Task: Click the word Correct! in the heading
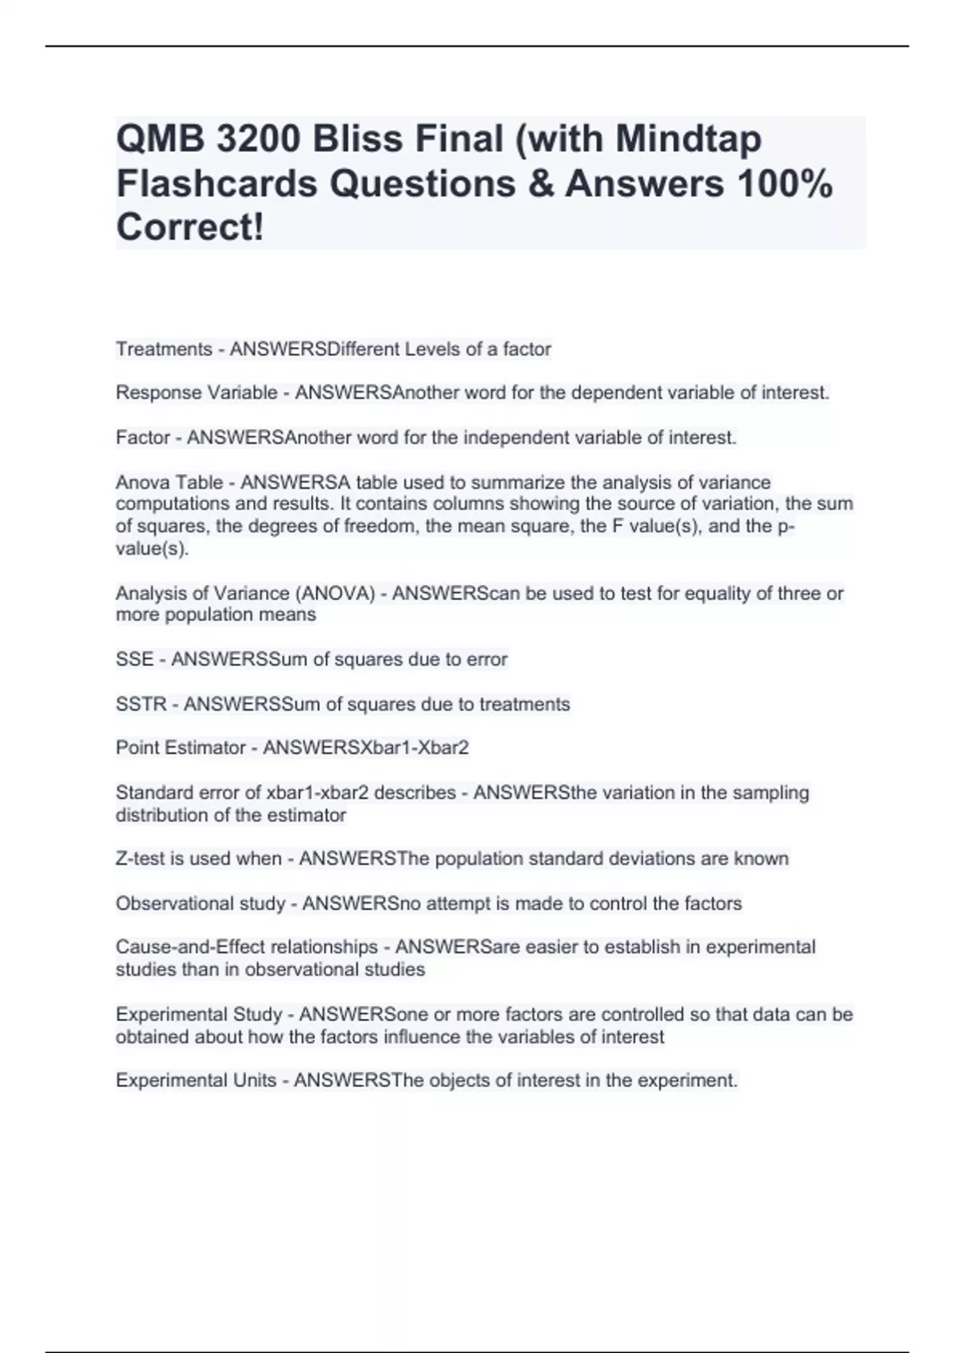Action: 189,228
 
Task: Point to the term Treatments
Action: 164,349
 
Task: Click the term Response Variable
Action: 197,392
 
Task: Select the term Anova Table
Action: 170,482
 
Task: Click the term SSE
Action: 134,659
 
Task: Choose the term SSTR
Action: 141,704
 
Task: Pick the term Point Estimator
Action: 181,748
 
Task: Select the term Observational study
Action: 201,903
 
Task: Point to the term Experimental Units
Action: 196,1080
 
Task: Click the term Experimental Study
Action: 199,1015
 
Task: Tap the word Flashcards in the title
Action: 216,184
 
